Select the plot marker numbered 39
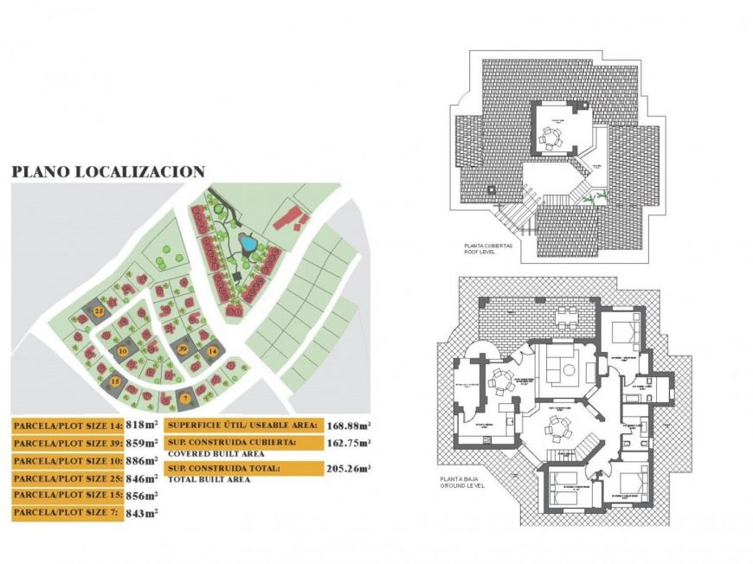point(182,348)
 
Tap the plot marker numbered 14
point(212,350)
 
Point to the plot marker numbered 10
point(123,351)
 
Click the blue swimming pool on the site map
point(248,244)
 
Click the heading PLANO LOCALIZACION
point(108,172)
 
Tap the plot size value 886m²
point(141,460)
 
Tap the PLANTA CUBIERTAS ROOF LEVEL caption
point(489,249)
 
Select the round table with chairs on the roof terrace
point(550,137)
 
